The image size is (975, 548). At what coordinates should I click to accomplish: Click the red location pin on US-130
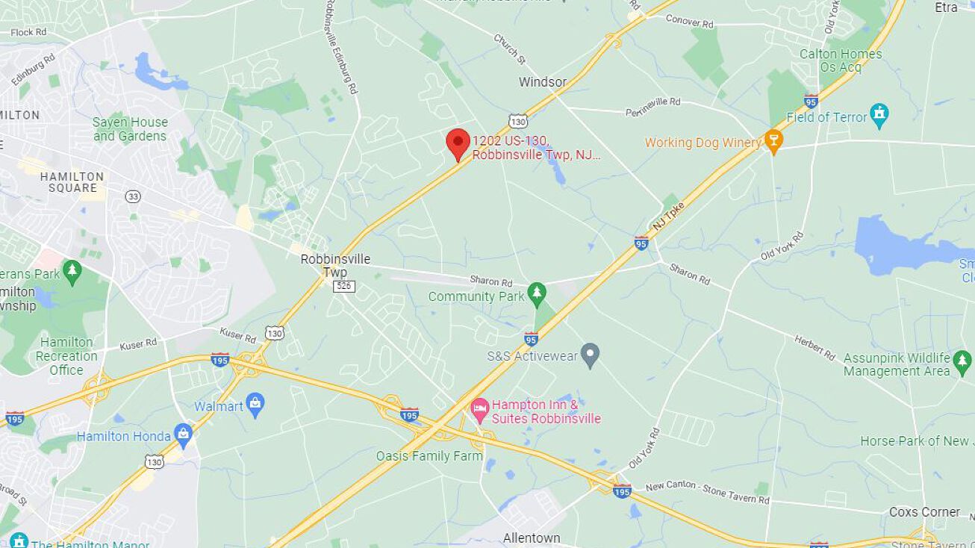click(458, 142)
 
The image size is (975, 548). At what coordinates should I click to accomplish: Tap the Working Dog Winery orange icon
click(773, 142)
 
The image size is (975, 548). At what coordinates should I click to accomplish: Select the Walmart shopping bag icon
click(255, 406)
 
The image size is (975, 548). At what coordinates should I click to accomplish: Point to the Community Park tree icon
click(536, 294)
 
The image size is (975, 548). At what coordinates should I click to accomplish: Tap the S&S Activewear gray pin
click(591, 355)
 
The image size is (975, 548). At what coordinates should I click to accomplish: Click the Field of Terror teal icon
click(879, 116)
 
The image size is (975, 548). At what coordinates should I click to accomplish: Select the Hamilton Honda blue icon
click(183, 434)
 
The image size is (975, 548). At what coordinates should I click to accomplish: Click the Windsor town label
click(543, 82)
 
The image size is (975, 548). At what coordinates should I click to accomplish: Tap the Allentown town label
click(532, 538)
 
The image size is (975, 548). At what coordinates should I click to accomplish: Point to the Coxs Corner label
click(924, 512)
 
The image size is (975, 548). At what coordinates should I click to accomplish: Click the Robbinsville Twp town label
click(335, 266)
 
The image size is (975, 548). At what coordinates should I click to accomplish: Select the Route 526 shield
click(345, 287)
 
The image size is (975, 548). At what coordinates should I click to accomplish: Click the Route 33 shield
click(133, 196)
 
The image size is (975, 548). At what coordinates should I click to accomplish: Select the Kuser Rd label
click(138, 343)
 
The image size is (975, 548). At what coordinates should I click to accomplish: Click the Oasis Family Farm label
click(429, 455)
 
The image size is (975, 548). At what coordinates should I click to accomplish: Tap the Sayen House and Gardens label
click(130, 129)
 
